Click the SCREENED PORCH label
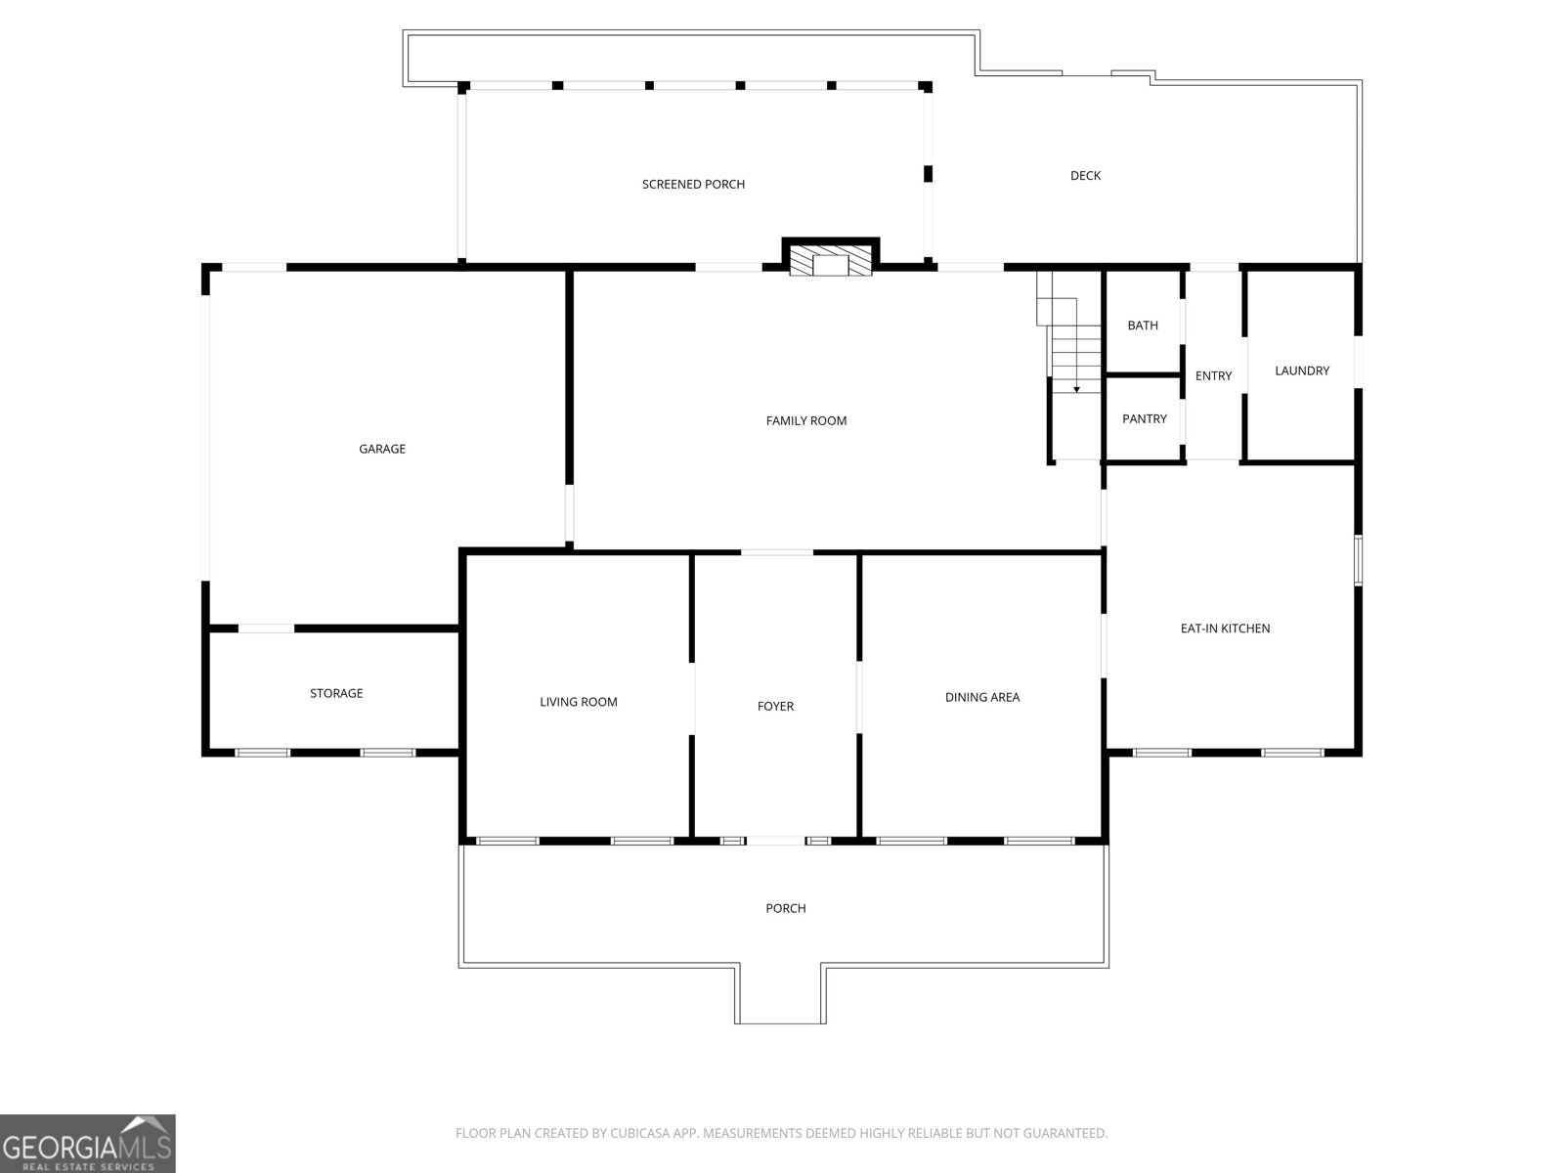click(693, 185)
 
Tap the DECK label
click(1085, 176)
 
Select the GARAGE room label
click(382, 449)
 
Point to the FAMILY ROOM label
click(805, 421)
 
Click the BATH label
click(1142, 326)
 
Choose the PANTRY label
click(1145, 418)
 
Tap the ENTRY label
click(1213, 376)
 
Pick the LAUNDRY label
click(1302, 371)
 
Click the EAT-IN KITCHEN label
click(1225, 629)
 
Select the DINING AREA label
click(981, 697)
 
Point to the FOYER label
click(775, 707)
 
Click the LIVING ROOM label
click(578, 702)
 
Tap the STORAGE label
click(336, 694)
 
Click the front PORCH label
click(785, 909)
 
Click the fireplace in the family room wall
click(831, 258)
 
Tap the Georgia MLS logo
click(88, 1144)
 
